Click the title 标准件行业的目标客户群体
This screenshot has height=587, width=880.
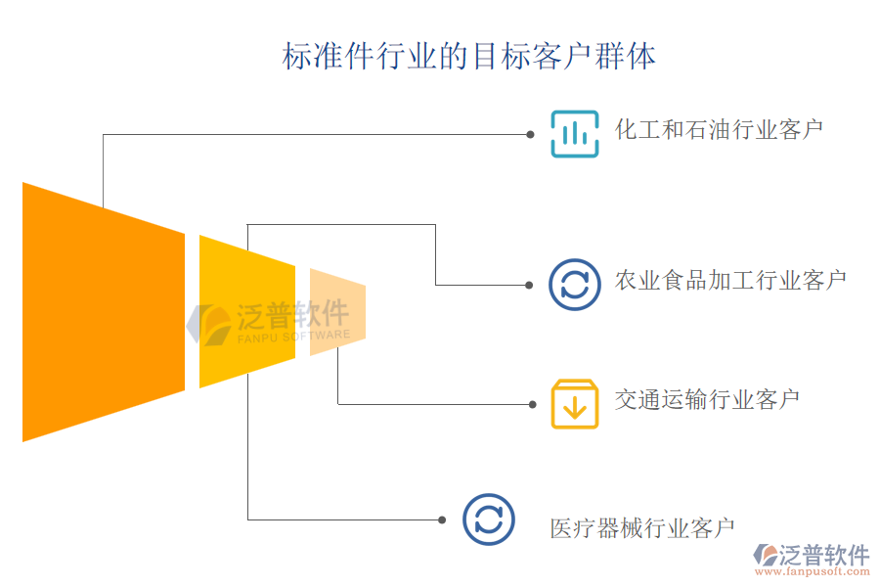[x=469, y=56]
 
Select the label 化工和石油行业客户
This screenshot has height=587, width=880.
[x=719, y=129]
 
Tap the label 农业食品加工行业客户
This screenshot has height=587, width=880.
[x=730, y=281]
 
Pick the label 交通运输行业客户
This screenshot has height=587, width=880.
[x=707, y=399]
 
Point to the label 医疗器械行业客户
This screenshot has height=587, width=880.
[x=641, y=529]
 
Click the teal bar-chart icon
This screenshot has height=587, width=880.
[x=575, y=133]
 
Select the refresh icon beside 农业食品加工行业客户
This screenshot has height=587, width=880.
[x=575, y=284]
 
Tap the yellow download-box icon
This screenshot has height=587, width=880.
[x=575, y=403]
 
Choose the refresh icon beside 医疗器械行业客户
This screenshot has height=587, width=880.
[x=488, y=519]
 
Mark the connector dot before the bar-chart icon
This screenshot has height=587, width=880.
[x=530, y=134]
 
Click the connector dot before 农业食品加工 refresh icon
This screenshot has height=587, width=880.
[x=529, y=285]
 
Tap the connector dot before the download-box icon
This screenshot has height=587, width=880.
[x=532, y=404]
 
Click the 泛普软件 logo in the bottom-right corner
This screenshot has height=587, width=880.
[x=812, y=555]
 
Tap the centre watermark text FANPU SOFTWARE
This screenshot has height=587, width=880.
[x=293, y=336]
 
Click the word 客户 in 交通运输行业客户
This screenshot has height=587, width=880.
[x=779, y=399]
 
